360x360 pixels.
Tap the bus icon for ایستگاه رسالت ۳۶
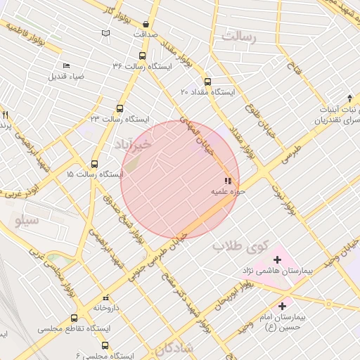pyautogui.click(x=143, y=56)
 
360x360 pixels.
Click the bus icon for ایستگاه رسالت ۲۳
pyautogui.click(x=120, y=109)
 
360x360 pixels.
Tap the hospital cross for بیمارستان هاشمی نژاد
pyautogui.click(x=276, y=259)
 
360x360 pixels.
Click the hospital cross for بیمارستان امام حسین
pyautogui.click(x=282, y=306)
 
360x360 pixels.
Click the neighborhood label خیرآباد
pyautogui.click(x=131, y=144)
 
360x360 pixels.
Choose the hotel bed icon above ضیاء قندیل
pyautogui.click(x=66, y=65)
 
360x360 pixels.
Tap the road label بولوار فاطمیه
pyautogui.click(x=31, y=36)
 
